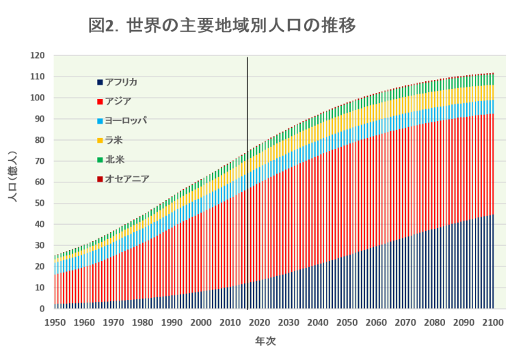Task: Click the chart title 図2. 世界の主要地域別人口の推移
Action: (x=222, y=26)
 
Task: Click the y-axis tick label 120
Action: (x=39, y=56)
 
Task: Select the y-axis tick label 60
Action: (x=41, y=182)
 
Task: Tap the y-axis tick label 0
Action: (x=43, y=309)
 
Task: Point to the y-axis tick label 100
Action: (x=39, y=98)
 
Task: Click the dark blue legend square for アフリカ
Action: (x=100, y=83)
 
